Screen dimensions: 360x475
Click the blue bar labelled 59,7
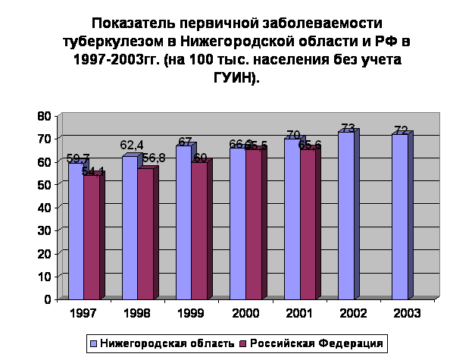point(75,231)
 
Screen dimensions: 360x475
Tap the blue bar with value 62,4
point(129,227)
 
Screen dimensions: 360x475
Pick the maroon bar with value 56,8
point(145,234)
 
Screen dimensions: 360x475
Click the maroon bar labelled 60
point(198,230)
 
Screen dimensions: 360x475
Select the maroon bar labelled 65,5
point(252,224)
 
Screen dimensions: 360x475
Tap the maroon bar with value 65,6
point(307,224)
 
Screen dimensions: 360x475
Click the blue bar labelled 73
point(345,215)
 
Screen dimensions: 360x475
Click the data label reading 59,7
point(78,158)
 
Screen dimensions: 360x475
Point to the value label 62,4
point(132,145)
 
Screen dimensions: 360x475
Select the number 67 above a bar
point(185,142)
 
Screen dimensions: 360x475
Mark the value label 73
point(348,128)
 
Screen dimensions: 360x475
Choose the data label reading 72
point(402,130)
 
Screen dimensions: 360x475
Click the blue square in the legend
point(94,343)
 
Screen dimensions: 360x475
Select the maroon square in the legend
point(242,343)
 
